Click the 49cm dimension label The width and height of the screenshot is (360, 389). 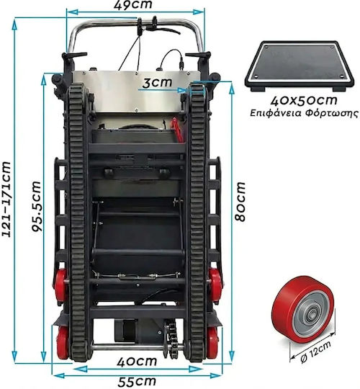pos(133,4)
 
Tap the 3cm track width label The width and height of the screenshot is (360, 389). pos(157,82)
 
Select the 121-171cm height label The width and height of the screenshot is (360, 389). pos(6,200)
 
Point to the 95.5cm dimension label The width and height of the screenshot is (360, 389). pos(37,206)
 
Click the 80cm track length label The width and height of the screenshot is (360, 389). pos(240,202)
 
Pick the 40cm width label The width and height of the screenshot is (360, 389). pos(137,362)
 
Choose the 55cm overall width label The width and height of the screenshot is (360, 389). pos(137,381)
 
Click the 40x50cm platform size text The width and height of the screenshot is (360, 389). pos(304,100)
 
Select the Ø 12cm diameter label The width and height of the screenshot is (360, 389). pos(315,352)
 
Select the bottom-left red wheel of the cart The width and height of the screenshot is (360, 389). pos(62,343)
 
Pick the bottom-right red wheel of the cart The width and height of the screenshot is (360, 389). pos(212,343)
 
